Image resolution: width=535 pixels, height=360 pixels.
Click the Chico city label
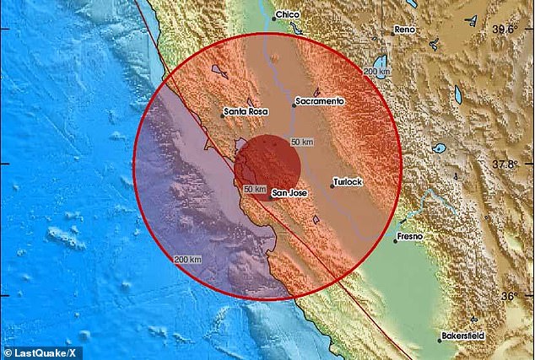coord(289,16)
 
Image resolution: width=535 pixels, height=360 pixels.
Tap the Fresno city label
coord(412,237)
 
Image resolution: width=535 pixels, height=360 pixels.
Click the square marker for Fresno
coord(395,239)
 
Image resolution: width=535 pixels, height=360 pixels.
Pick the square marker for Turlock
coord(332,186)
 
